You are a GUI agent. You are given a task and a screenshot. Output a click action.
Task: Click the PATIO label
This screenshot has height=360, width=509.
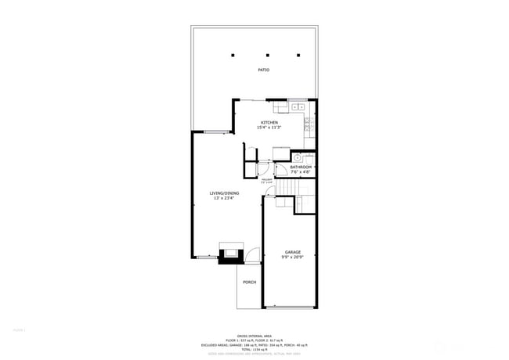264,70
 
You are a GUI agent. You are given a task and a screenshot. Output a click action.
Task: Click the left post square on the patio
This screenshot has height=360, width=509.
233,56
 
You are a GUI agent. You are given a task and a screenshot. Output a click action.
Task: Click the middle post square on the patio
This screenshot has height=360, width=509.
267,56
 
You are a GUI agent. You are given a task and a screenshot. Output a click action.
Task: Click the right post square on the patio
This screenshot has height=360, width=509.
298,56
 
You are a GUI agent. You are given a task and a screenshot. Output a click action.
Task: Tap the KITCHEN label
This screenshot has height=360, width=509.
269,122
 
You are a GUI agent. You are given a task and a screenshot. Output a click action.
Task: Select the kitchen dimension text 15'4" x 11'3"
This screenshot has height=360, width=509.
269,128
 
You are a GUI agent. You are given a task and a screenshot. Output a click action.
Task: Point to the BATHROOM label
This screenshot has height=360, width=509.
301,167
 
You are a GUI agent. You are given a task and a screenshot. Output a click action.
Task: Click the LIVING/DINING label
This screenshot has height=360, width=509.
224,193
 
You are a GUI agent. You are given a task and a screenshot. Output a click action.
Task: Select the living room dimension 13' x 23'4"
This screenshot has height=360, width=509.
224,198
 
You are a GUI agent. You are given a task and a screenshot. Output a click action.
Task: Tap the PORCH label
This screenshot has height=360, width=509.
249,282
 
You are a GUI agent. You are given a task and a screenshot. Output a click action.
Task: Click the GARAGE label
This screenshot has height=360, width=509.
292,252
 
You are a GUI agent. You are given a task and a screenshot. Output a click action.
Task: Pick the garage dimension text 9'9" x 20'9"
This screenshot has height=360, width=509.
292,257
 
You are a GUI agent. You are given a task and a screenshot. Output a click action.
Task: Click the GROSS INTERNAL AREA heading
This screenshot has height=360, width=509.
254,333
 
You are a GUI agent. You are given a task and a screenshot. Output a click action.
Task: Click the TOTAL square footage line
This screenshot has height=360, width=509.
254,349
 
